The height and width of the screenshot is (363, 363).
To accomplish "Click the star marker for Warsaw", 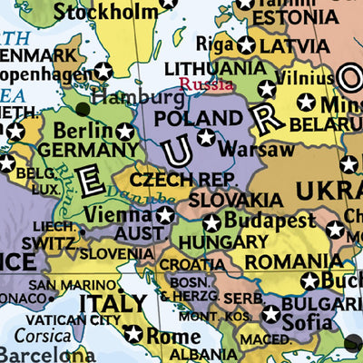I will pyautogui.click(x=207, y=137).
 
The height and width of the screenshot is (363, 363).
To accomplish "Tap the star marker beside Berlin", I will pyautogui.click(x=124, y=132).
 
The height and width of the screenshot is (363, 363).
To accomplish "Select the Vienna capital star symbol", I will pyautogui.click(x=164, y=215).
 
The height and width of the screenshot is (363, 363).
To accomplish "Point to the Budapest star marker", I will pyautogui.click(x=211, y=221).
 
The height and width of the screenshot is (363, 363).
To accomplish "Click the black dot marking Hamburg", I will pyautogui.click(x=84, y=109).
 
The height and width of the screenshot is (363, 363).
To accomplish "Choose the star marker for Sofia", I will pyautogui.click(x=270, y=314).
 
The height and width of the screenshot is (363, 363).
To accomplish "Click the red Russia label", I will pyautogui.click(x=204, y=85).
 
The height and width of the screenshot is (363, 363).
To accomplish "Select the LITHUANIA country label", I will pyautogui.click(x=215, y=68).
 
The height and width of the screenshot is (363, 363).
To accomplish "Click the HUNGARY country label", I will pyautogui.click(x=223, y=242).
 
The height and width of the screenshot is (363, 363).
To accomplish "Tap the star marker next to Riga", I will pyautogui.click(x=246, y=44).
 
